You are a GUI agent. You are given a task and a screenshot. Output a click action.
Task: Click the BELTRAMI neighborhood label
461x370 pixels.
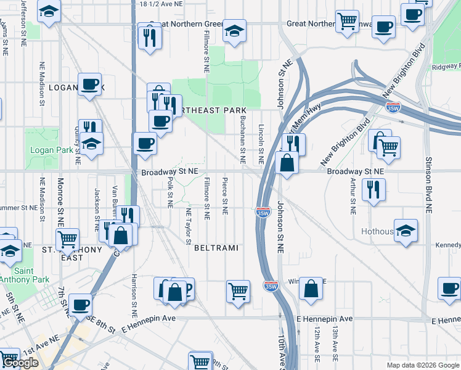216,247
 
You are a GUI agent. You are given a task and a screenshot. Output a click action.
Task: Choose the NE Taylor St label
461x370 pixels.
189,226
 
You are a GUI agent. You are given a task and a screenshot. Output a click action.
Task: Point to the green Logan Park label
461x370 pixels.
44,150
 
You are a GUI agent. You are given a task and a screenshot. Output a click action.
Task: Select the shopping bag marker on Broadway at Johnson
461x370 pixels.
287,163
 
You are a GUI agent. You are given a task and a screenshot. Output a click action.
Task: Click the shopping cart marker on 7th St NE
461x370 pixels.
67,238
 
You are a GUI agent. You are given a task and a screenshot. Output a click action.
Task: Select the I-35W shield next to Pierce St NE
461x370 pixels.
263,212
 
